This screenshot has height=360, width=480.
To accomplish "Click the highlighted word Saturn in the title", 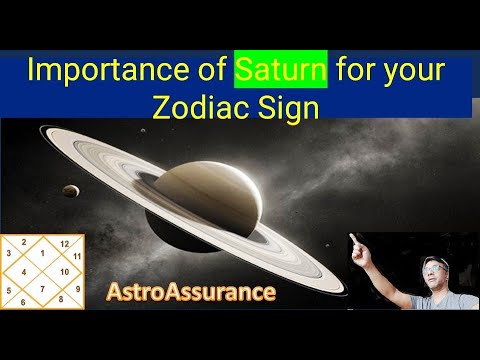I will coord(283,72).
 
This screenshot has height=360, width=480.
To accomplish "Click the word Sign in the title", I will coord(290,107).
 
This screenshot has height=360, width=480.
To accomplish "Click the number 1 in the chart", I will coord(42,253).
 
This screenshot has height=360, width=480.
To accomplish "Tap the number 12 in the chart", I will coord(64,243).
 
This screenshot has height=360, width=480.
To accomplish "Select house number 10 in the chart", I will coord(63,271).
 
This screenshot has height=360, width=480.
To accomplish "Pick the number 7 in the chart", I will coord(42,288).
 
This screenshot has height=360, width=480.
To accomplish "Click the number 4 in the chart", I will coord(23,271).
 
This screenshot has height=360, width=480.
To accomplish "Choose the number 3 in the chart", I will coord(8,253).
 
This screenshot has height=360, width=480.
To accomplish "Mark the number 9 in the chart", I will coord(77,288).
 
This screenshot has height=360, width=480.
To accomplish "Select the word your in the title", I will coord(420,72).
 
